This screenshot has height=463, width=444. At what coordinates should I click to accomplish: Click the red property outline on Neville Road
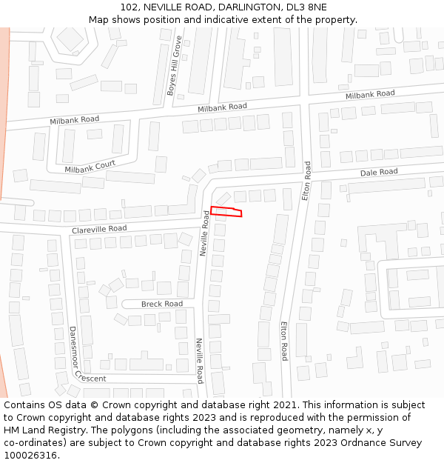tap(226, 212)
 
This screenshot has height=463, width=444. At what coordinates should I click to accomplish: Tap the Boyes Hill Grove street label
tap(174, 66)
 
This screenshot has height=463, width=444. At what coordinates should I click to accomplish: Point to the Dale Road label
tap(379, 172)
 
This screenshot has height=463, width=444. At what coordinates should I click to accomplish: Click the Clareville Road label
tap(99, 230)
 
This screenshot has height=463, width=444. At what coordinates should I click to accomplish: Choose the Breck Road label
tap(162, 304)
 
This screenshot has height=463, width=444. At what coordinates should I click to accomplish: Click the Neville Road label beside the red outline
tap(205, 233)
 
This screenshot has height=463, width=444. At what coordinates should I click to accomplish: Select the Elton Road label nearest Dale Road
tap(307, 180)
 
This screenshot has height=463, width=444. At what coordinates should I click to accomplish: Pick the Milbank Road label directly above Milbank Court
tap(74, 119)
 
